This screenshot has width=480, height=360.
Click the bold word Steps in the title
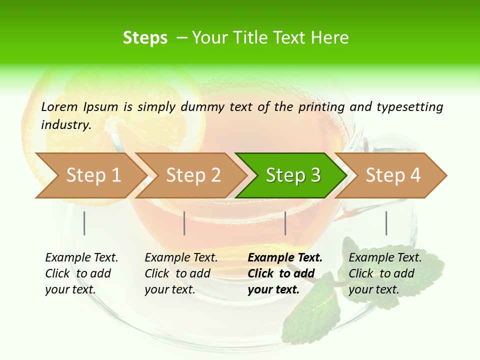coord(145,38)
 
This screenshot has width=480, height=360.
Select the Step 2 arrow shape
coord(192,175)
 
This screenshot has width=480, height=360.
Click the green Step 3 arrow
coord(292,175)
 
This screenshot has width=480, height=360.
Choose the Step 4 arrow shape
coord(392,175)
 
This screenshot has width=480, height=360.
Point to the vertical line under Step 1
coord(84,223)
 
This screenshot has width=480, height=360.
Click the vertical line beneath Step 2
coord(184,223)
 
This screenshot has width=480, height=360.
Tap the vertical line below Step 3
coord(285,223)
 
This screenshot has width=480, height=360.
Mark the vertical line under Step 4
coord(386,223)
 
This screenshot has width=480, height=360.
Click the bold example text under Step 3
coord(284,273)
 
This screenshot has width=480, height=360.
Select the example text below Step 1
coord(81,273)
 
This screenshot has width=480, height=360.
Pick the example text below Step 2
coord(180,273)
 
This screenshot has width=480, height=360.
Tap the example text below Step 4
coord(384,273)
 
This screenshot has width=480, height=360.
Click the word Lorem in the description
coord(59,106)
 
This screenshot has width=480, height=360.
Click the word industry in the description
coord(66,125)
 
